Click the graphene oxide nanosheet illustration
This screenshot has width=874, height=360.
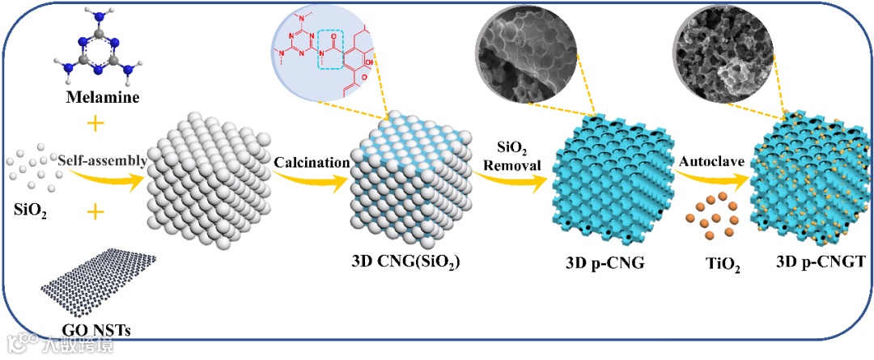tap(99, 286)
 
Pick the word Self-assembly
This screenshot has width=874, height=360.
tap(102, 161)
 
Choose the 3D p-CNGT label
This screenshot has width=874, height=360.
tap(812, 262)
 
